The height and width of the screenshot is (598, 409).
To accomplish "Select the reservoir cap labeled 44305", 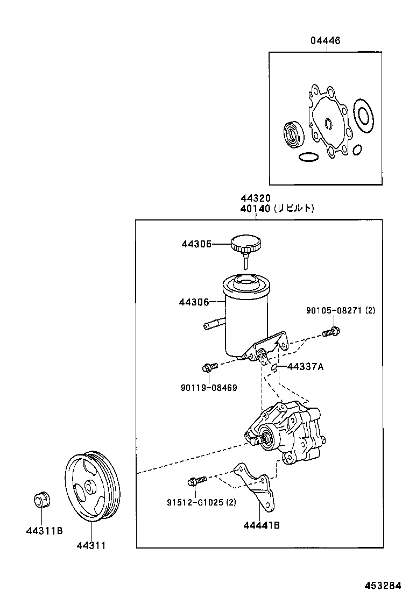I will pyautogui.click(x=245, y=245).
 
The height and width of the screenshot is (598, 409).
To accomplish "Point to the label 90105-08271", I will pyautogui.click(x=340, y=311).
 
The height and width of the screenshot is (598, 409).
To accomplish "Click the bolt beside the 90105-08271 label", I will pyautogui.click(x=331, y=332).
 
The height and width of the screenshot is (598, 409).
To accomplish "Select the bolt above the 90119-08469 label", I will pyautogui.click(x=208, y=368).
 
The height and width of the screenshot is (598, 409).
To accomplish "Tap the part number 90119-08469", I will pyautogui.click(x=209, y=387).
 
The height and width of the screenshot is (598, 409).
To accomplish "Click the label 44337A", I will pyautogui.click(x=305, y=367).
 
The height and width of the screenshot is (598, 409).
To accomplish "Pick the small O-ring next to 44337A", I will pyautogui.click(x=274, y=367).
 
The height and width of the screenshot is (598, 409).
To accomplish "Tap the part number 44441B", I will pyautogui.click(x=261, y=525).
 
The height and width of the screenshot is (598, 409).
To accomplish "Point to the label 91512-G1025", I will pyautogui.click(x=201, y=503).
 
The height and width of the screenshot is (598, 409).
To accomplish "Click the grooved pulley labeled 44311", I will pyautogui.click(x=93, y=487).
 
